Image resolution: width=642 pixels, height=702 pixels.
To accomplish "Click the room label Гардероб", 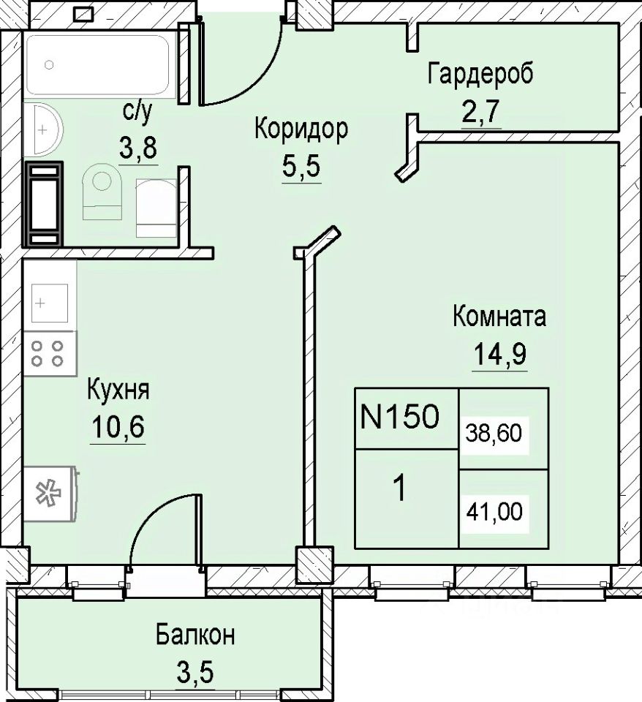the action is click(x=480, y=75).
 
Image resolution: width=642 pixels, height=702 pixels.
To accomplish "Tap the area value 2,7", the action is click(x=480, y=111).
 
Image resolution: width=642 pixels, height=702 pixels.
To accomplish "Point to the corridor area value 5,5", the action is click(x=301, y=167).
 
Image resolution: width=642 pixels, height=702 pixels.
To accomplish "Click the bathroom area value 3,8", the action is click(x=138, y=148).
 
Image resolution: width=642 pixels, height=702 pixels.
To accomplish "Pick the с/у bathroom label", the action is click(x=137, y=113).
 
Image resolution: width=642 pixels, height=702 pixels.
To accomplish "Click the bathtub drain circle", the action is click(x=49, y=65).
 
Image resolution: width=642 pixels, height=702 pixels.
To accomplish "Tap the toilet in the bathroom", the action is click(x=102, y=191).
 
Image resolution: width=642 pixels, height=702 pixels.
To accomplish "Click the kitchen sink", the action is click(x=49, y=303).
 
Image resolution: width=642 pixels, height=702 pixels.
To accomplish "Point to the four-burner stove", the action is click(x=48, y=353).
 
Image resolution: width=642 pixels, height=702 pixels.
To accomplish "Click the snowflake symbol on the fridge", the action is click(x=49, y=492).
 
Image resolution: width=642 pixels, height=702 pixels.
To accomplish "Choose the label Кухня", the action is click(x=118, y=390).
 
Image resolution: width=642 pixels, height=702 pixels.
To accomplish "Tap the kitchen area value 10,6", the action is click(x=118, y=426).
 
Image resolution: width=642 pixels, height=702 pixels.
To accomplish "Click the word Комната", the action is click(x=499, y=317).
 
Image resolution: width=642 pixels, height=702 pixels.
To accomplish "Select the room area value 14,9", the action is click(x=499, y=354).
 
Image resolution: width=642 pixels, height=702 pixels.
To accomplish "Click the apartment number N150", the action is click(x=399, y=417).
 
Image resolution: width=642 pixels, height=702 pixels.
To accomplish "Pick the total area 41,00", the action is click(x=494, y=511).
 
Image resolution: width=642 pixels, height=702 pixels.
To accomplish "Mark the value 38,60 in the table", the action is click(x=494, y=434).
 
